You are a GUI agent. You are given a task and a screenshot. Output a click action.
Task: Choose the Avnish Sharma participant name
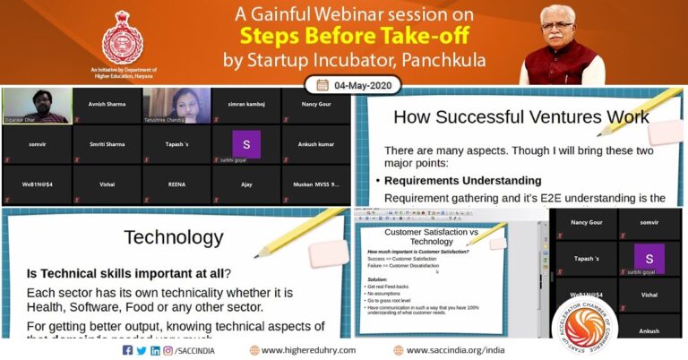point(105,103)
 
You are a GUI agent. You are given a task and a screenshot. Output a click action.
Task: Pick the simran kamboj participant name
point(245,104)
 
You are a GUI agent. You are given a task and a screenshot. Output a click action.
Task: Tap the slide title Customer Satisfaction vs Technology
point(431,236)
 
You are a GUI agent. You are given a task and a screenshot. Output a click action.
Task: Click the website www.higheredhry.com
point(309,350)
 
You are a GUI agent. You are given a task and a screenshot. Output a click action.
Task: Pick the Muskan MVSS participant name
point(315,183)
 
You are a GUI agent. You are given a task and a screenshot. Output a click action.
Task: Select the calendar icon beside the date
point(322,85)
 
